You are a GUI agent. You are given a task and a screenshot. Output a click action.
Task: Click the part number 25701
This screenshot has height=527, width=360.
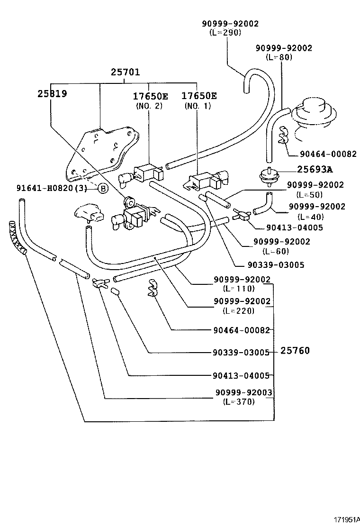coord(126,73)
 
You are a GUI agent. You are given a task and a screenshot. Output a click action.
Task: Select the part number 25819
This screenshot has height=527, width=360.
coord(52,94)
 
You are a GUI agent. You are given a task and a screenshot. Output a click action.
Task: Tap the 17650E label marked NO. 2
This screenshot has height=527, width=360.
coord(149,96)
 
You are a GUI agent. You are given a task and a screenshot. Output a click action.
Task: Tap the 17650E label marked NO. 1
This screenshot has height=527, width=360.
coord(199,96)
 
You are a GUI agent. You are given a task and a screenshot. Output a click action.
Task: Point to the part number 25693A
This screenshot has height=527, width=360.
coord(315,169)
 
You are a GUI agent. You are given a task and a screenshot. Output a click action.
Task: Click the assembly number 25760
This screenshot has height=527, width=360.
coord(295,351)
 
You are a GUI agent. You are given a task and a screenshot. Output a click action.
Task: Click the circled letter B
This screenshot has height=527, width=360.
coord(103,189)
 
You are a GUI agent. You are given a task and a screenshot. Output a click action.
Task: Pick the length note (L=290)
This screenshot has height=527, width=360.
coord(225,33)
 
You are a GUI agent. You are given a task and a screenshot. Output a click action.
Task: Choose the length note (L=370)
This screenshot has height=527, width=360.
coord(239,402)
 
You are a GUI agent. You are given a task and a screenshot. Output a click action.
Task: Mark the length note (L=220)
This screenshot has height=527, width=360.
coord(239,311)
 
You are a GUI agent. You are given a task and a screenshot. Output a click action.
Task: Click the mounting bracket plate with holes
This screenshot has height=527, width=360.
coord(102,152)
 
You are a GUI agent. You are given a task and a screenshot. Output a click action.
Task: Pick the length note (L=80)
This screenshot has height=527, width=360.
coord(279,57)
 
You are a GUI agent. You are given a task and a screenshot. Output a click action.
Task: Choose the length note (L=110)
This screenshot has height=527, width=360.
coord(239,288)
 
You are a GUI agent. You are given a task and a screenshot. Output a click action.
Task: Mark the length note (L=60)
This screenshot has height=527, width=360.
coord(275,251)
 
